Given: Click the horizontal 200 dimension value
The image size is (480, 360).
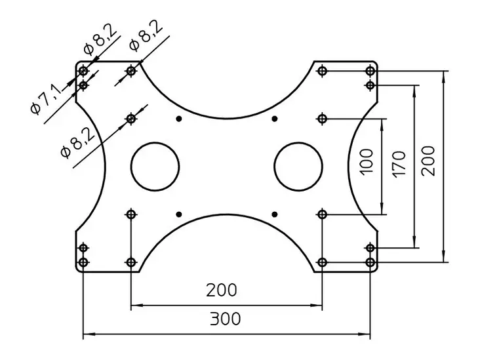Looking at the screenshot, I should [222, 290].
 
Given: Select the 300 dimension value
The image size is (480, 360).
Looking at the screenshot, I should [225, 319].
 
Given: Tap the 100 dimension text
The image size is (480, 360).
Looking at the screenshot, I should [367, 161].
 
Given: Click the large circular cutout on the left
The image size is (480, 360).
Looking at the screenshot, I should [155, 167].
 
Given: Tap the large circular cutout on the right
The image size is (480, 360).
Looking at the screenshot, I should [298, 167].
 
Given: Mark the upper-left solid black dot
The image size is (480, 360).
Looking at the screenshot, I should [179, 119].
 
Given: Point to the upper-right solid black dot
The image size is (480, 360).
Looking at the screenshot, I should [274, 119].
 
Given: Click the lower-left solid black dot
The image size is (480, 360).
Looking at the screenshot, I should [179, 214].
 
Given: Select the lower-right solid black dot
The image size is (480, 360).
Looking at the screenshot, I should [274, 214].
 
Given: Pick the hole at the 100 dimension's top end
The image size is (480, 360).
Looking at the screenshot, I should [322, 119].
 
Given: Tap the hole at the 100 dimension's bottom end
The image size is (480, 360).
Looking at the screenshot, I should [322, 214].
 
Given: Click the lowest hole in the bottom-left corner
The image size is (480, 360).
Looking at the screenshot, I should [83, 262].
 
